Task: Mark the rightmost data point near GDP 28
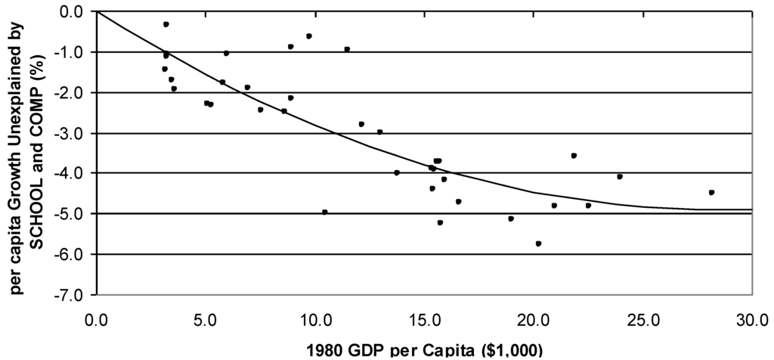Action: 711,192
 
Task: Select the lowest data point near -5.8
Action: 538,244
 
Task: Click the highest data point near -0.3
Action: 166,24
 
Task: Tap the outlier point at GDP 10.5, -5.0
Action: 324,212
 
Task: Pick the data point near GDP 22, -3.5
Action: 574,155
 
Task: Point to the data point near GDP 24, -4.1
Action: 620,176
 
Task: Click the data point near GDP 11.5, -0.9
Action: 347,49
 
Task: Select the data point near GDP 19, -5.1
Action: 511,219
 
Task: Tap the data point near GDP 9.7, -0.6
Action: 308,36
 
